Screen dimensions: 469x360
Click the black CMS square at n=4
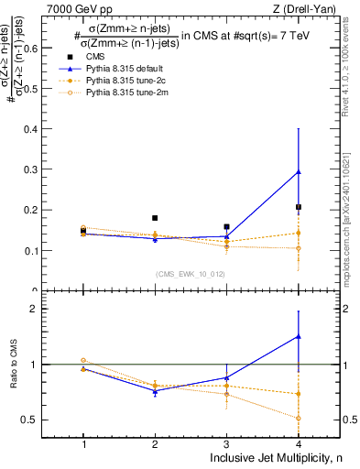tap(298, 207)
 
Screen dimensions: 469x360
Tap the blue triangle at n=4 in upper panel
tap(298, 171)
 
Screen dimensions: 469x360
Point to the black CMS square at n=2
tap(155, 218)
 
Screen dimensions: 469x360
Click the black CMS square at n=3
tap(226, 226)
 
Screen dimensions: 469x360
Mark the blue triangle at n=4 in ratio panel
tap(298, 336)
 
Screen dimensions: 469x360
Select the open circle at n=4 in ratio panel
tap(298, 418)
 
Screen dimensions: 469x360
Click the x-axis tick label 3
tap(226, 443)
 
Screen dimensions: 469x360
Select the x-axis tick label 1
tap(83, 443)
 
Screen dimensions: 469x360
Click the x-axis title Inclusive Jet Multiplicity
tap(283, 458)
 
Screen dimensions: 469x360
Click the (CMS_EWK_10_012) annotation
tap(191, 273)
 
